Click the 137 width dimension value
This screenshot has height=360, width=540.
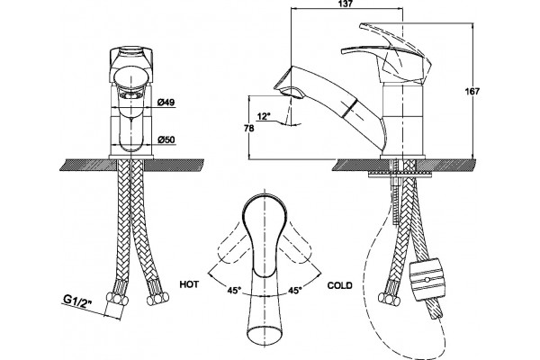[346, 4]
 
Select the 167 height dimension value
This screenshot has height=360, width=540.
[472, 92]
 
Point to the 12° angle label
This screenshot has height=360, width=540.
[265, 116]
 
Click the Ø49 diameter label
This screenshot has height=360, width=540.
[166, 103]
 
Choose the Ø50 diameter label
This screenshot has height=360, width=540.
[166, 139]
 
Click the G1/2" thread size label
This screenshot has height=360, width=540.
[77, 300]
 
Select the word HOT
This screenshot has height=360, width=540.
[189, 284]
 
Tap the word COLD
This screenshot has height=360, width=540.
[339, 285]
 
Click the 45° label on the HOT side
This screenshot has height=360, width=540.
[234, 291]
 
